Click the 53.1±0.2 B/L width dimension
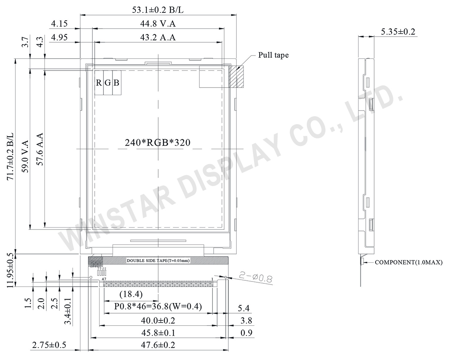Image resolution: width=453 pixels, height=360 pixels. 158,10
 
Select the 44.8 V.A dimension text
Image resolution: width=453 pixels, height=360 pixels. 158,24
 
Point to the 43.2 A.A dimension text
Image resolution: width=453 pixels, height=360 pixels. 158,37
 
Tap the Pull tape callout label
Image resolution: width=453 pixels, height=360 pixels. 273,55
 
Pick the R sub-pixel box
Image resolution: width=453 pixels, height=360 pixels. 99,83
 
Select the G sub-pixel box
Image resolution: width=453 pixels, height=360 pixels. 108,83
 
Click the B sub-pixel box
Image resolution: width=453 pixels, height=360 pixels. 116,83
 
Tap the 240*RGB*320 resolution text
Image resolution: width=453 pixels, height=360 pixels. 158,143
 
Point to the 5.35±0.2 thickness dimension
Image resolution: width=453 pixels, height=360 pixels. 398,32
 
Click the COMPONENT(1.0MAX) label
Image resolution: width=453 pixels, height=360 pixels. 408,263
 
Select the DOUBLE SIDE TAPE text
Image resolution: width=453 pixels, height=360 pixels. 158,261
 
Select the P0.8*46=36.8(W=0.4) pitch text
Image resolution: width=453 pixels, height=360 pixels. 158,307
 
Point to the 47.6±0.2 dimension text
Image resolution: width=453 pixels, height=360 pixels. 158,345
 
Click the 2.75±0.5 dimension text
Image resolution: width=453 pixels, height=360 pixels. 49,345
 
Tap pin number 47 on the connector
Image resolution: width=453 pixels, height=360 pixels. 104,279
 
